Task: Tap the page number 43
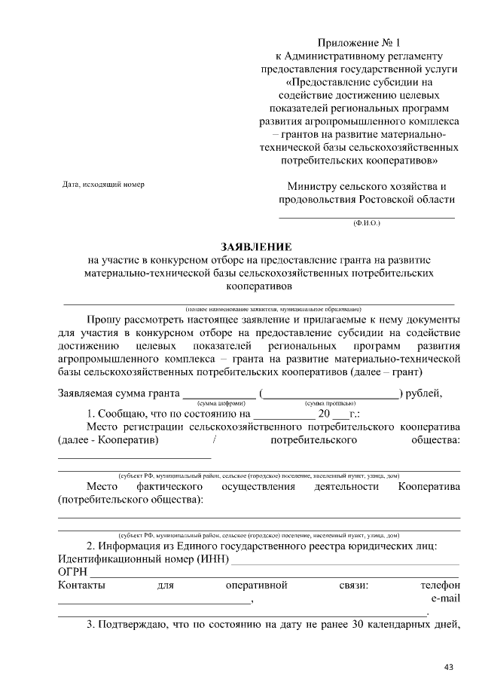[x=450, y=667]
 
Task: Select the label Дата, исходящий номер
[x=103, y=185]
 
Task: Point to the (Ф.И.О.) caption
[x=367, y=224]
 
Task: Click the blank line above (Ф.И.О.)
[x=367, y=216]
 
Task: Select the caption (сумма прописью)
[x=330, y=404]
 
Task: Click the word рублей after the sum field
[x=426, y=393]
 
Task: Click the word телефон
[x=441, y=585]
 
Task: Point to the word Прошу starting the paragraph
[x=105, y=320]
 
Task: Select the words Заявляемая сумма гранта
[x=118, y=393]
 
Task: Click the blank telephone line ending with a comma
[x=154, y=601]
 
